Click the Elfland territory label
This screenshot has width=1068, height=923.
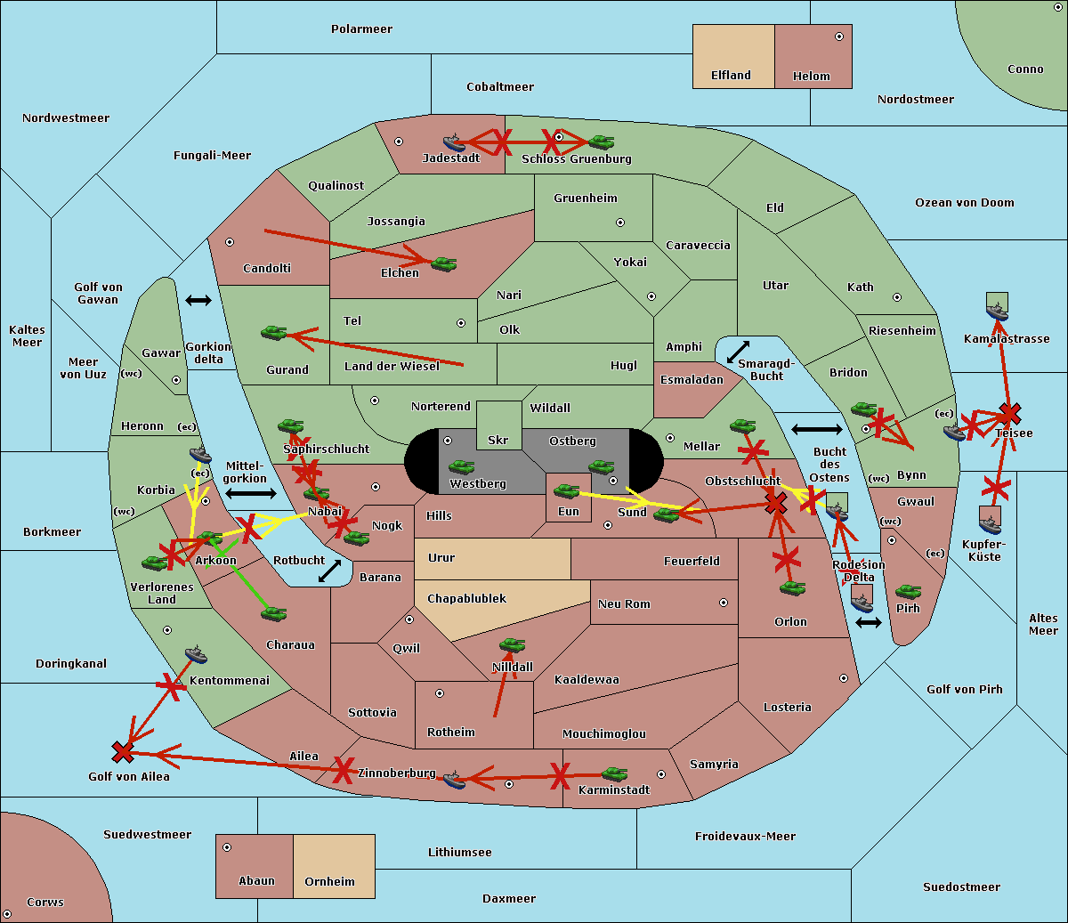[731, 76]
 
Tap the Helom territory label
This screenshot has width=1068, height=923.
[811, 77]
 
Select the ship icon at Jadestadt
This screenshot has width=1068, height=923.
[454, 142]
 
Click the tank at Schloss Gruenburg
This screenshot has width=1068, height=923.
[602, 142]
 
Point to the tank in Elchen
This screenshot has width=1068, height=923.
[443, 263]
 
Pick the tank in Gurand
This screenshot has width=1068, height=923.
[274, 332]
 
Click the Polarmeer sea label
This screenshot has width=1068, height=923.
[361, 29]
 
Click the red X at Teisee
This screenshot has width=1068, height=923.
[1009, 413]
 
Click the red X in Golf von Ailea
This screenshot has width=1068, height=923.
[123, 752]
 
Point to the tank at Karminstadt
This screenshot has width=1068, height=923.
[614, 774]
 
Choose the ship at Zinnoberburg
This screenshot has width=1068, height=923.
[454, 780]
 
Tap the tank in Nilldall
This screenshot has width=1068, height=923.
[512, 644]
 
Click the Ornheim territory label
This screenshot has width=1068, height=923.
[329, 882]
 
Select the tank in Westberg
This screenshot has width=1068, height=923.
[461, 466]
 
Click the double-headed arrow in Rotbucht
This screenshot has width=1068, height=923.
[330, 571]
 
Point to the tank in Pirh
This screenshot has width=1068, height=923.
[908, 591]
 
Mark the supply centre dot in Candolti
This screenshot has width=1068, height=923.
[230, 242]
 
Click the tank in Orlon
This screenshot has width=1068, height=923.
[792, 588]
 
